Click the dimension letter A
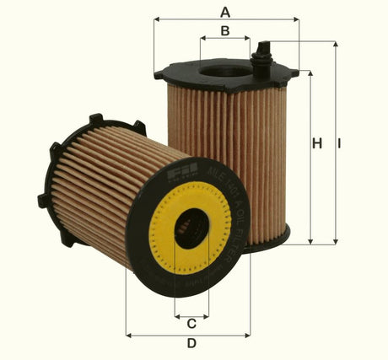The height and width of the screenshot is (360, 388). click(x=225, y=11)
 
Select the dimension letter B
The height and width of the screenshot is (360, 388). click(x=225, y=31)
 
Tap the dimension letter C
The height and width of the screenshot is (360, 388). click(x=191, y=323)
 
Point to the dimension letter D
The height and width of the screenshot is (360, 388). click(x=191, y=343)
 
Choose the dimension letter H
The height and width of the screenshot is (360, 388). click(x=317, y=144)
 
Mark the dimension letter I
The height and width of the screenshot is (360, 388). click(x=340, y=144)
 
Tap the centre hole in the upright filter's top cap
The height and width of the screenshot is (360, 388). click(x=225, y=68)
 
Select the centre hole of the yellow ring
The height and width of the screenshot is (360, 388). click(x=191, y=228)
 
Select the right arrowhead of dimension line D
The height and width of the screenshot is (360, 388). click(x=247, y=335)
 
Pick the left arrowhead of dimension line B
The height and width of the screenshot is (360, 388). click(x=202, y=39)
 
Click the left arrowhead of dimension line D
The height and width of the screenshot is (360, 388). click(x=129, y=335)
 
